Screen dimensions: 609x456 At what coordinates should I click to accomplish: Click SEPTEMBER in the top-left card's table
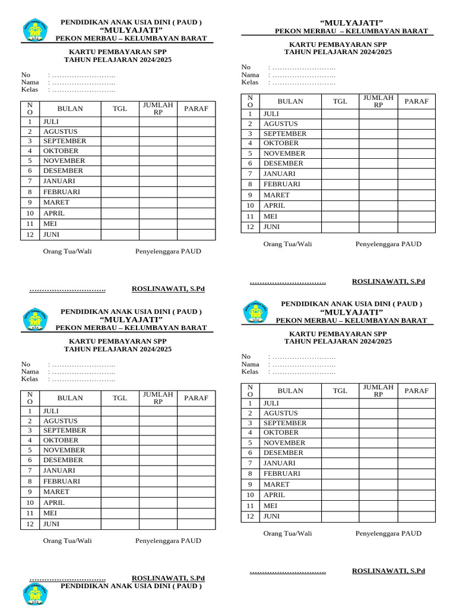64,141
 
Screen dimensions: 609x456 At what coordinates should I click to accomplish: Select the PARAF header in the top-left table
196,108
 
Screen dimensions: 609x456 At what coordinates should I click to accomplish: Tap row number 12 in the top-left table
30,235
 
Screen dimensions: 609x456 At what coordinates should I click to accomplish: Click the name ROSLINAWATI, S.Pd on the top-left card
168,288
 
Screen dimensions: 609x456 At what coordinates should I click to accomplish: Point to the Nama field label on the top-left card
30,82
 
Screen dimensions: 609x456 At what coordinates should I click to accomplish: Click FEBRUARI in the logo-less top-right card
282,184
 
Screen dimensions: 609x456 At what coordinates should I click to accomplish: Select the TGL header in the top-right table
340,101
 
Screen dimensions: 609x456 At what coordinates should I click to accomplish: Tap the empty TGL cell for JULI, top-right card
340,114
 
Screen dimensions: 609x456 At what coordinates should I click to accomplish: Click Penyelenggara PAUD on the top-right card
388,244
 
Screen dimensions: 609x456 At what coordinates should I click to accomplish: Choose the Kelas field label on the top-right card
250,82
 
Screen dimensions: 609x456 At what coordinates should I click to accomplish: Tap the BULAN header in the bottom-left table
70,398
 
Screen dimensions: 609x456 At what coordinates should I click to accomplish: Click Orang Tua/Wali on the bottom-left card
67,541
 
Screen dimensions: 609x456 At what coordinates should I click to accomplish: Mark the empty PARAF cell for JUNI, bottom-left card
196,524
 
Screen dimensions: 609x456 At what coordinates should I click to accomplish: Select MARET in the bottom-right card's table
277,484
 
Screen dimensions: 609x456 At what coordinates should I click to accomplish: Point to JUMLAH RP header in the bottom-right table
378,390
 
